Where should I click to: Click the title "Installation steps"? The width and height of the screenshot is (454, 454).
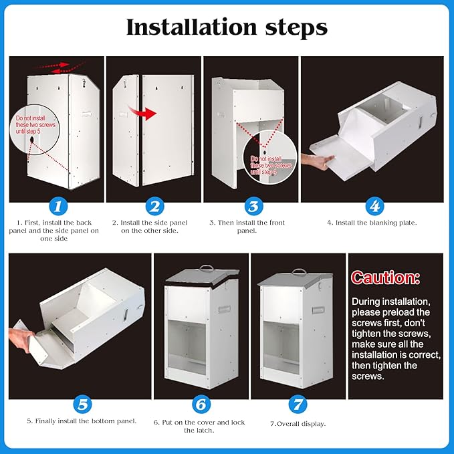tap(227, 27)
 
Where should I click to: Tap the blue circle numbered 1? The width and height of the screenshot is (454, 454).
tap(58, 206)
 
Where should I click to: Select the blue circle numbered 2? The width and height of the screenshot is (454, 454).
tap(155, 206)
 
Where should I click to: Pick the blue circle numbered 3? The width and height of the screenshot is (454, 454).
tap(253, 206)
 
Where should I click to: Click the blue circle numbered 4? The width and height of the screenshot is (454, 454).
tap(374, 206)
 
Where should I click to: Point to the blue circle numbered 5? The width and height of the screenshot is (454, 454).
tap(82, 405)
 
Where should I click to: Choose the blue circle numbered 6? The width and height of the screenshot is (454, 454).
tap(201, 405)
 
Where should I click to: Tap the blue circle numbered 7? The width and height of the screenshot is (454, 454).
tap(298, 405)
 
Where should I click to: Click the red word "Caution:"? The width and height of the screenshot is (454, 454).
tap(385, 277)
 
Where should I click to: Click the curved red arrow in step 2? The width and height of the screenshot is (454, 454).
tap(143, 112)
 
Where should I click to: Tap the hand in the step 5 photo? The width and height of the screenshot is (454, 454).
tap(22, 340)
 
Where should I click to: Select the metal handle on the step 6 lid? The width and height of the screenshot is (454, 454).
tap(206, 267)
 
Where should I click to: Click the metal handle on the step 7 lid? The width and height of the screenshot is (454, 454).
tap(299, 271)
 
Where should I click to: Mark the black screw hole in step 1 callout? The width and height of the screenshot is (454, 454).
tap(31, 140)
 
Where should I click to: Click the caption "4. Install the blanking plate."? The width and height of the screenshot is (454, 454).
tap(372, 223)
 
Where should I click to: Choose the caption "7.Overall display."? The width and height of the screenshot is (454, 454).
tap(298, 424)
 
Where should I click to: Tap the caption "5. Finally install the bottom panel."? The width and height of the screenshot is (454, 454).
tap(82, 421)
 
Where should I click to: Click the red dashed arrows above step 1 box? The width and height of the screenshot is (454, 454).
tap(60, 67)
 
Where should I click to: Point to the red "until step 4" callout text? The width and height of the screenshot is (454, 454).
tap(264, 172)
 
